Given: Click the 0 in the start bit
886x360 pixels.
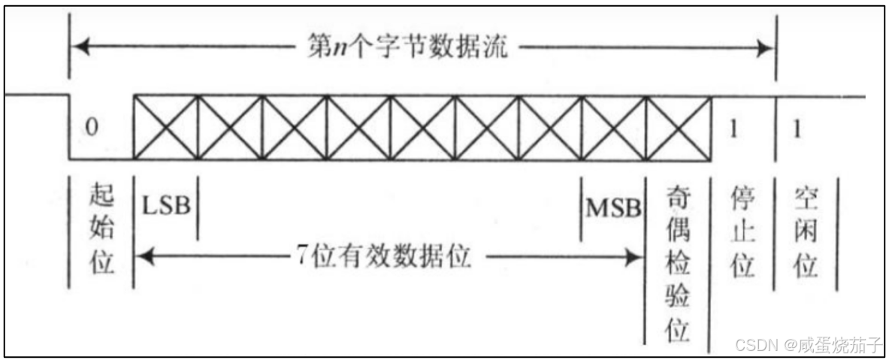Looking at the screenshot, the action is point(92,127).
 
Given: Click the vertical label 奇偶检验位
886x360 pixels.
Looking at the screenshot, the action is point(679,263).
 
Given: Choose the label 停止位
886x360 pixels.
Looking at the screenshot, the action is point(742,231).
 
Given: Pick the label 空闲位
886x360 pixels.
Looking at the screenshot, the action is point(806,231).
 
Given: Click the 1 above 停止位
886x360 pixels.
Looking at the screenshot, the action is point(734,127).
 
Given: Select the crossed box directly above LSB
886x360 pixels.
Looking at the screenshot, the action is point(165,127).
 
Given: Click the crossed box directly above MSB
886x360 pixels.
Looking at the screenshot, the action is point(614,127).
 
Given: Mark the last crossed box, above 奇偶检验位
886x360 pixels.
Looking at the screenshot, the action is point(679,127).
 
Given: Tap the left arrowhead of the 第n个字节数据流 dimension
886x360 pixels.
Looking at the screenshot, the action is point(77,50).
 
